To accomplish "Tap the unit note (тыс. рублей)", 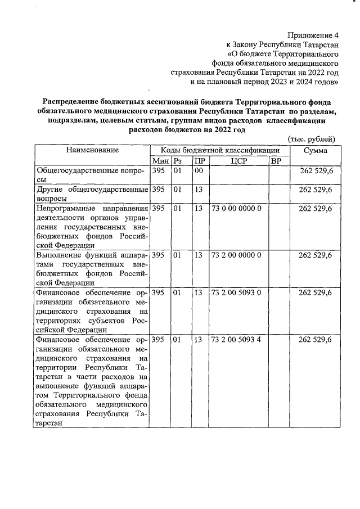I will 311,139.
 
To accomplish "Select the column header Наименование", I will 92,150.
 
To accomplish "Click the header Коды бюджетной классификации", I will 220,150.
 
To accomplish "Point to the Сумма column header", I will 315,150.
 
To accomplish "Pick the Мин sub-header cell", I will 160,161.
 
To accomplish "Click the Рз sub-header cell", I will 178,161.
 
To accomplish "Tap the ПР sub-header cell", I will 199,161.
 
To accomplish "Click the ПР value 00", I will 199,170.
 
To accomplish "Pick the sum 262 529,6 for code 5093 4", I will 316,340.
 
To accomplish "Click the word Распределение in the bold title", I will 70,101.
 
